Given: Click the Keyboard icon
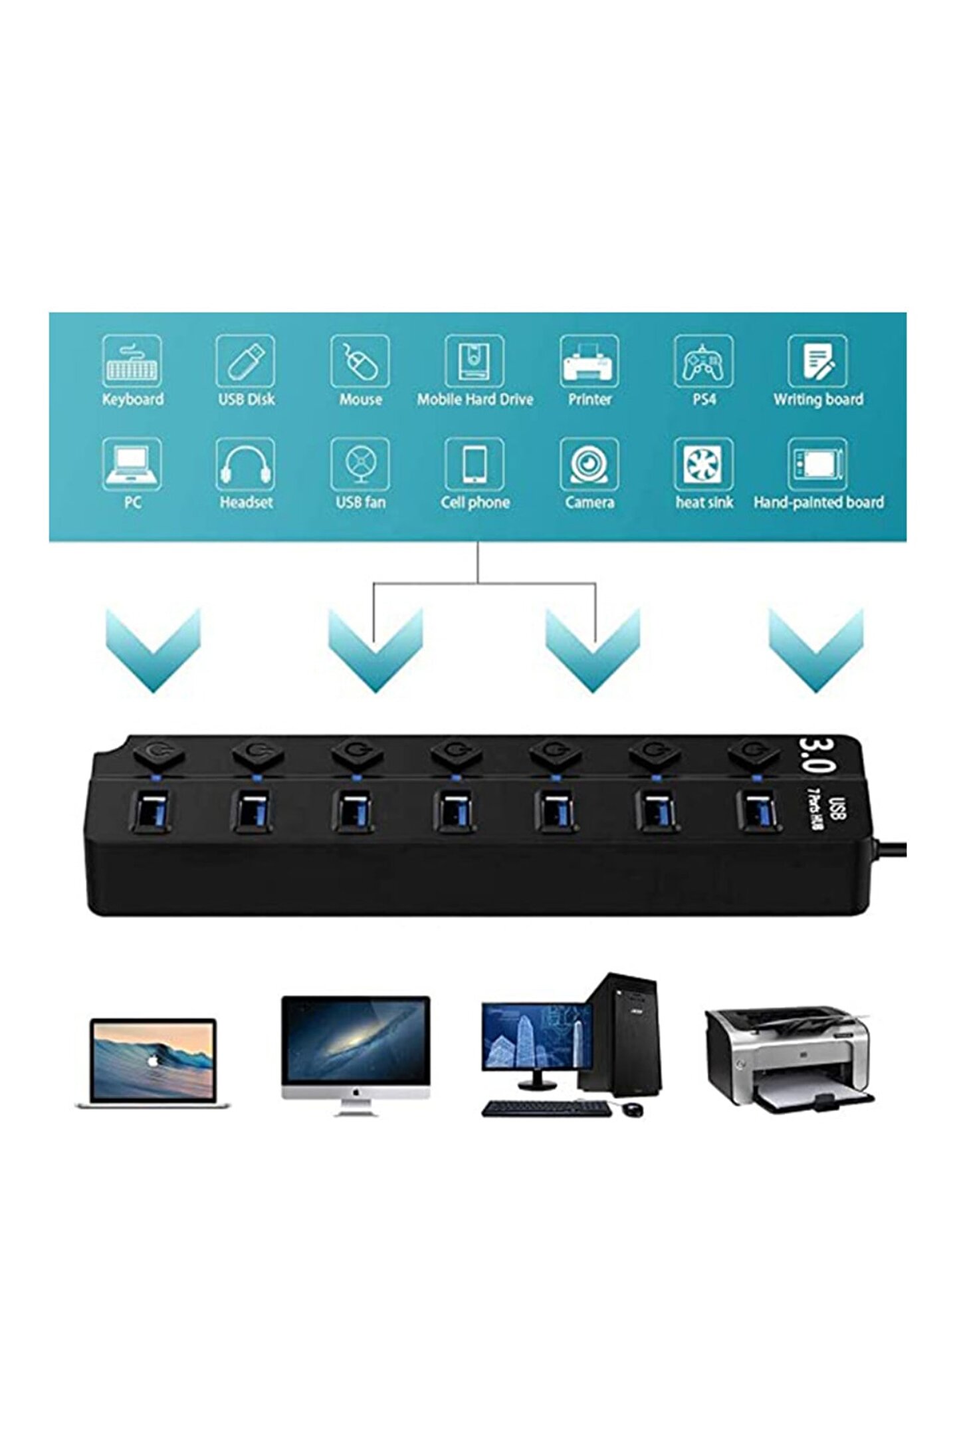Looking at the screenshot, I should (x=132, y=361).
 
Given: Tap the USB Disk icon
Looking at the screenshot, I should (x=245, y=361).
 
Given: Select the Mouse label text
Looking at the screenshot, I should (x=360, y=400).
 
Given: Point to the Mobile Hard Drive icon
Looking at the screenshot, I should (x=475, y=361).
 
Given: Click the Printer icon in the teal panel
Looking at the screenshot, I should (x=589, y=361).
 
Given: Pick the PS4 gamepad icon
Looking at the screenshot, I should (x=703, y=361).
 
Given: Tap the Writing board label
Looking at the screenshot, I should (x=817, y=400).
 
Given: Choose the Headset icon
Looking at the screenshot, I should (x=245, y=465).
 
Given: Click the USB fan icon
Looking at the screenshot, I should (x=360, y=465).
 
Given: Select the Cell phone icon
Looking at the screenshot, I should (x=475, y=465).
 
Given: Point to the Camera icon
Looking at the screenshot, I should (x=589, y=465).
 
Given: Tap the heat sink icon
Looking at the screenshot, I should (x=703, y=465).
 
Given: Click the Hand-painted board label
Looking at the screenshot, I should (x=818, y=503).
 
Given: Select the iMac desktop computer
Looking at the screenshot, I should (x=356, y=1054).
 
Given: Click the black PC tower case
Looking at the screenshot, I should (x=622, y=1034).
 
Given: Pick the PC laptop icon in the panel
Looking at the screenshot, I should (x=132, y=465).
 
